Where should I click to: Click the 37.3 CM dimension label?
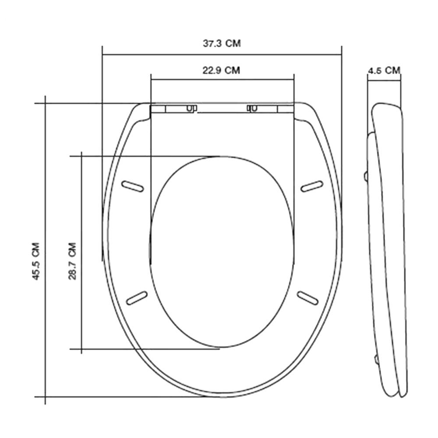[x=222, y=43]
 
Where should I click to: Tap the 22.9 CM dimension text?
[x=221, y=70]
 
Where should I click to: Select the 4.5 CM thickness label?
[x=384, y=70]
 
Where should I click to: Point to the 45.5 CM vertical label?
[x=36, y=261]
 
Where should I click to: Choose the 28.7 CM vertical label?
[x=72, y=261]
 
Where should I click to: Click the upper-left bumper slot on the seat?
[x=132, y=186]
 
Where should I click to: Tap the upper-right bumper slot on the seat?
[x=312, y=186]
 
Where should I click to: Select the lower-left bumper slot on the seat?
[x=137, y=298]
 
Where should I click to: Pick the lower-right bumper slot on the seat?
[x=307, y=298]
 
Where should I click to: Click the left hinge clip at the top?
[x=192, y=108]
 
